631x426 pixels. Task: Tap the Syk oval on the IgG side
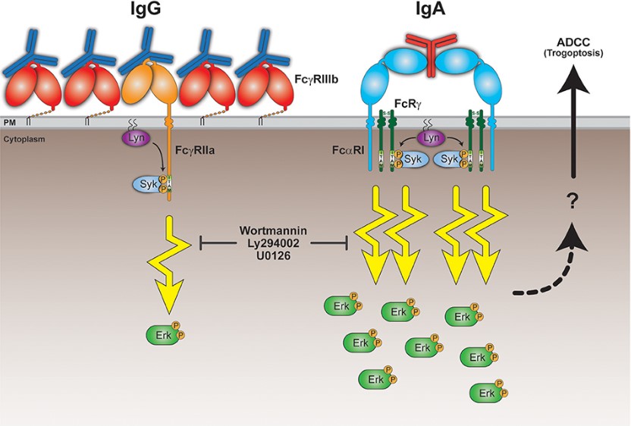click(x=146, y=183)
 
